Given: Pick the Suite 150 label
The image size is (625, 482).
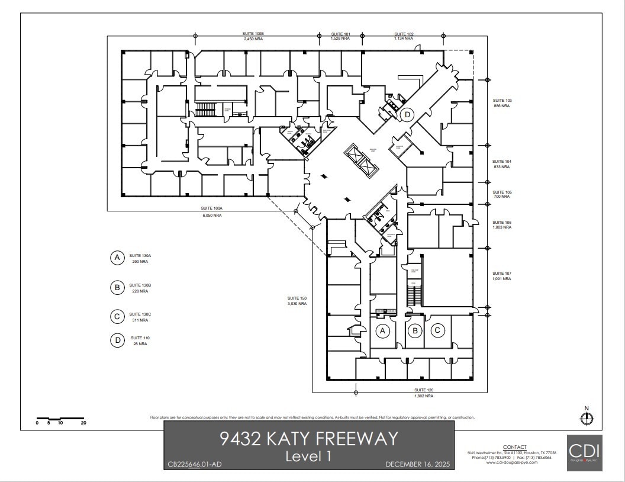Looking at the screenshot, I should point(297,301).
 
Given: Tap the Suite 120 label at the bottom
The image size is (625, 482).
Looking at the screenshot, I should point(424,393).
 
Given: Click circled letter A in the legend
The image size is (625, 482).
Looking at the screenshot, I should point(117,258).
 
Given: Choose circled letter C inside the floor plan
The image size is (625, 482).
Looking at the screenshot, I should point(437,330).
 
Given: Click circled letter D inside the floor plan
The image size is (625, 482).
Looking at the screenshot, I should point(407,114).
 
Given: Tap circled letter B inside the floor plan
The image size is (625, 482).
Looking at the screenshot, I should point(415,330).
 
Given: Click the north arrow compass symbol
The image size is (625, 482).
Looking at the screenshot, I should point(587,419).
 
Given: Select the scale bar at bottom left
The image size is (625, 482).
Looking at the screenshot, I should point(60,419).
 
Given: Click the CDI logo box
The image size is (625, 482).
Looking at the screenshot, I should point(584,453).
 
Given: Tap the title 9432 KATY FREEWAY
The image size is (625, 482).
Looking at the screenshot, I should point(308,439).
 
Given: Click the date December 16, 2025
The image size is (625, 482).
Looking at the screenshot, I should point(418,464).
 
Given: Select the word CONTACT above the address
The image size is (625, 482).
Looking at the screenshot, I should point(514,447).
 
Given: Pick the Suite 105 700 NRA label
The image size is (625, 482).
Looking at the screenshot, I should point(502,195).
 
